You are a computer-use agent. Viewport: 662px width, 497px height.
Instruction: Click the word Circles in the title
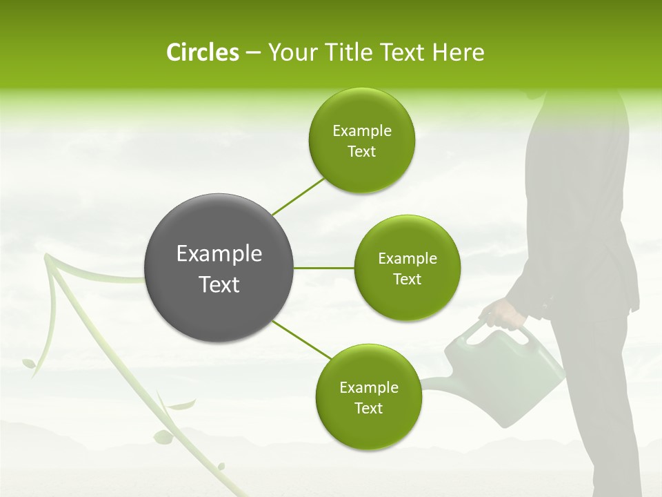click(202, 52)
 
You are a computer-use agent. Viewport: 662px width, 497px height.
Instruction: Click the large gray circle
click(219, 268)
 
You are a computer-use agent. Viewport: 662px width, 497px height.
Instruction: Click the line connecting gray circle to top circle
click(299, 195)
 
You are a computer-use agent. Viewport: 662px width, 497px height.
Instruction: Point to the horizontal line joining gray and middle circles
click(324, 268)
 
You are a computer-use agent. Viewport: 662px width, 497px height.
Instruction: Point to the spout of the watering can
click(434, 383)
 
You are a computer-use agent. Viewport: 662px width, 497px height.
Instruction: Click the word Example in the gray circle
click(219, 254)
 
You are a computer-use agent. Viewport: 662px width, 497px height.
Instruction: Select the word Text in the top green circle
click(361, 152)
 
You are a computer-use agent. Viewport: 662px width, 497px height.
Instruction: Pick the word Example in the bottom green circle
click(369, 387)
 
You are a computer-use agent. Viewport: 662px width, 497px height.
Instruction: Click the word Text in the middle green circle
click(407, 279)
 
